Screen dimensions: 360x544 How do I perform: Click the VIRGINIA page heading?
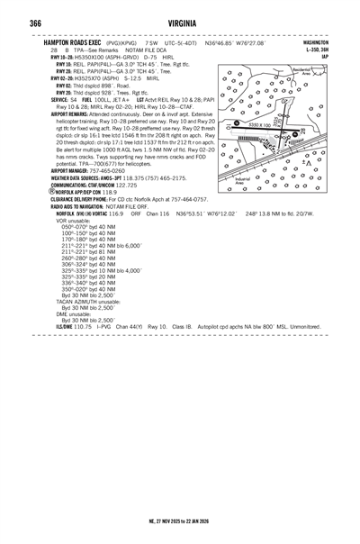(181, 23)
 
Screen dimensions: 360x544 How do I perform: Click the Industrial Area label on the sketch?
(242, 181)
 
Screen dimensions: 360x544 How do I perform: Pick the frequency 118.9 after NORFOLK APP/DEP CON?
(109, 192)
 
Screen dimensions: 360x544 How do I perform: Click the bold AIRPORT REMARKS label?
(75, 114)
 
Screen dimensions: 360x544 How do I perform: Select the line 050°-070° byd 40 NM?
(88, 226)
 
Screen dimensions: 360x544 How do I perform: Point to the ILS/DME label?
(66, 325)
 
